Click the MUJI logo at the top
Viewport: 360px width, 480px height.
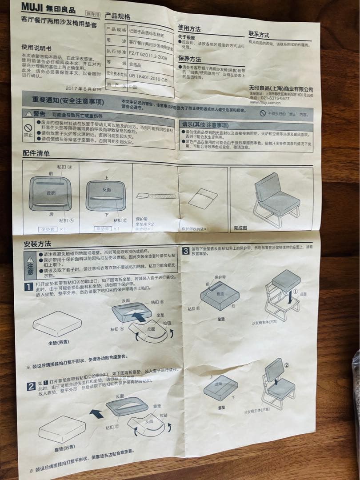click(x=36, y=9)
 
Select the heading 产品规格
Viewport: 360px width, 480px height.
click(x=118, y=16)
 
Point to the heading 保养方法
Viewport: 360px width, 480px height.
click(x=190, y=59)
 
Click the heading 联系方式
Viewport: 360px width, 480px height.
click(x=259, y=34)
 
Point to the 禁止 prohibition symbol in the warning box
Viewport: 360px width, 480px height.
click(x=28, y=128)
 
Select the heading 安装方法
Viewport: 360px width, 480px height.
click(x=37, y=244)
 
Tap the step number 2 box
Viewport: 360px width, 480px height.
click(x=31, y=386)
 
